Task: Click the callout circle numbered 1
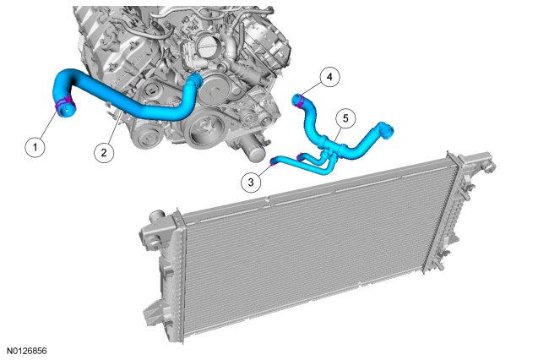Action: click(x=35, y=147)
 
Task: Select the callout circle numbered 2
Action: click(x=104, y=153)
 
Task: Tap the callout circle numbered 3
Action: click(x=251, y=182)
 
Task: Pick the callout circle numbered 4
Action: click(x=329, y=77)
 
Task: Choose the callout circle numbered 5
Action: click(x=345, y=118)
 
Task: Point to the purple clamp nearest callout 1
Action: click(x=65, y=104)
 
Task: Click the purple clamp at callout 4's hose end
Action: click(x=301, y=101)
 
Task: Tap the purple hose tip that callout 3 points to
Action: click(x=273, y=161)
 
